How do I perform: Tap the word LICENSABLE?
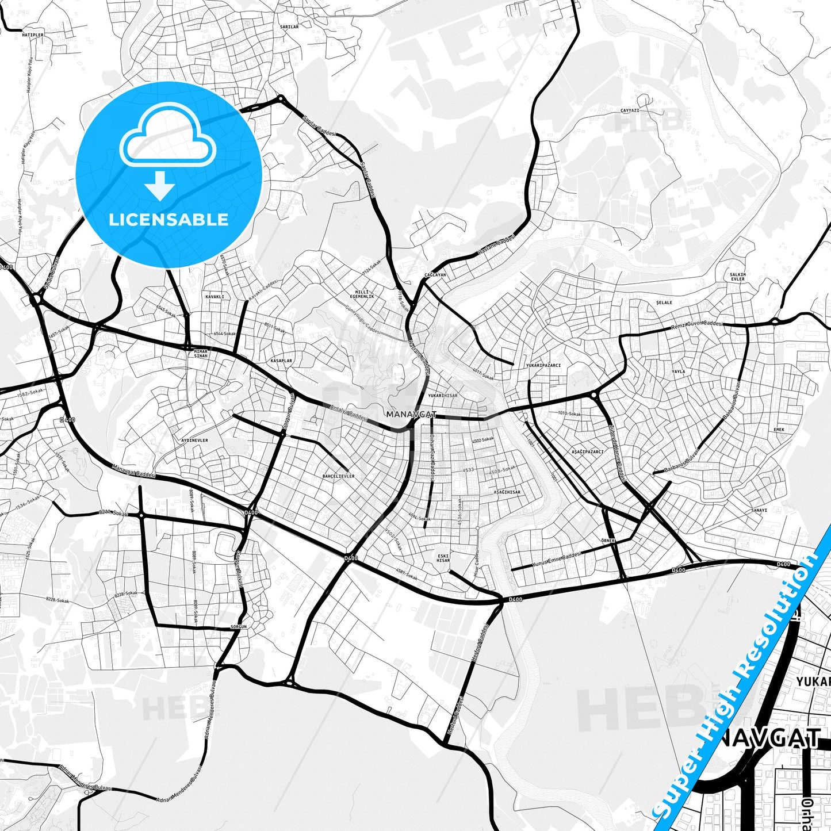(x=169, y=220)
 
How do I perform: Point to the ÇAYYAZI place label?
(x=630, y=110)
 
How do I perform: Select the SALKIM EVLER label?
(x=737, y=277)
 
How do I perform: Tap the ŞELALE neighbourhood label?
(x=664, y=302)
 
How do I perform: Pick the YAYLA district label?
(x=679, y=372)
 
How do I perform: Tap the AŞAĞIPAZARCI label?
(x=587, y=451)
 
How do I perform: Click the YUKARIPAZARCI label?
(x=543, y=365)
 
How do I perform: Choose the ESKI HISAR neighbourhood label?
(x=443, y=558)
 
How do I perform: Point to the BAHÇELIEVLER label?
(x=338, y=476)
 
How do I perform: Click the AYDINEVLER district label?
(x=194, y=440)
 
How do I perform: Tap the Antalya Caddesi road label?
(x=349, y=413)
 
